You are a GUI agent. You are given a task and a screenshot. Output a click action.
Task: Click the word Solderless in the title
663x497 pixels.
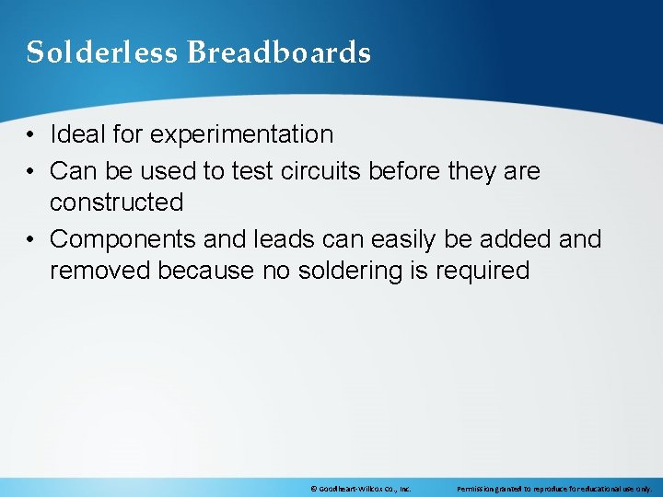tap(102, 52)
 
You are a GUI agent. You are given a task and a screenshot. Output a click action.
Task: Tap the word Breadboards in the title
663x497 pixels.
tap(279, 52)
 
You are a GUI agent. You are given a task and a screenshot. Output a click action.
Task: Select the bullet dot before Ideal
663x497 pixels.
tap(31, 135)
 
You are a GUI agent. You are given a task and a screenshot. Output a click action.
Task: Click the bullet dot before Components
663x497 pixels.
tap(31, 240)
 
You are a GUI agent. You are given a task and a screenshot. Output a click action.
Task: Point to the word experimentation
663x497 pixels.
tap(241, 135)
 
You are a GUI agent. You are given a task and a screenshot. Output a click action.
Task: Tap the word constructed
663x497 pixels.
tap(117, 202)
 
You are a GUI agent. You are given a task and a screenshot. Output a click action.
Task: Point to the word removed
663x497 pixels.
tap(100, 271)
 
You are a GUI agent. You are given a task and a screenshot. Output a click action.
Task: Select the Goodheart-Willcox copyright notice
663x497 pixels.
tap(360, 490)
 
